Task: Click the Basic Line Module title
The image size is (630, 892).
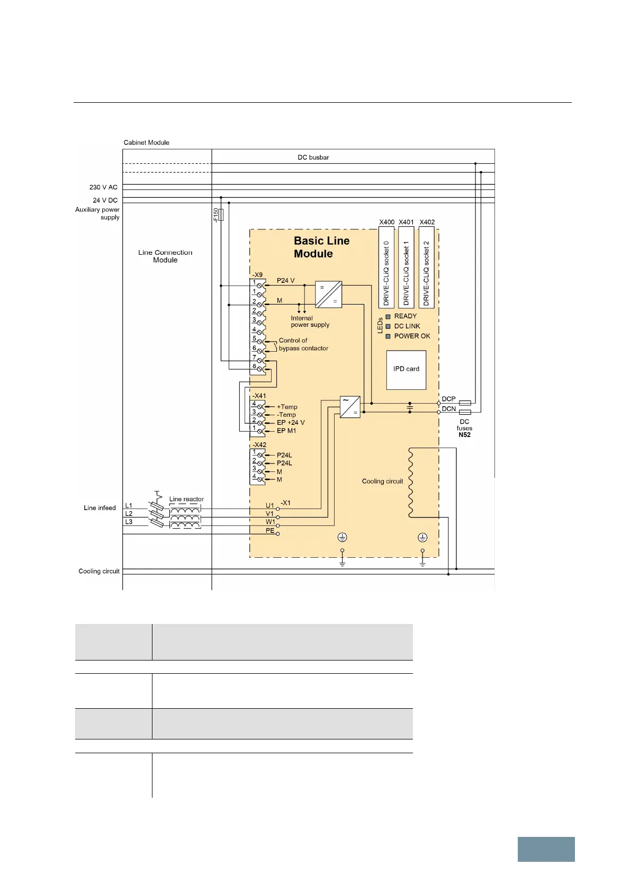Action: pyautogui.click(x=321, y=247)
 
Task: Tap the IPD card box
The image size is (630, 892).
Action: pyautogui.click(x=406, y=370)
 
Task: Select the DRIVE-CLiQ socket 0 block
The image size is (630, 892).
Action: pyautogui.click(x=386, y=267)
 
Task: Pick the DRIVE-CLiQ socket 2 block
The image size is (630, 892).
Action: pyautogui.click(x=427, y=267)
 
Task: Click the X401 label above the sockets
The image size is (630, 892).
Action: pyautogui.click(x=407, y=222)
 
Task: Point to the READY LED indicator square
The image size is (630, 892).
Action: pyautogui.click(x=388, y=317)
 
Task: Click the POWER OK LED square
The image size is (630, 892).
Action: pyautogui.click(x=388, y=336)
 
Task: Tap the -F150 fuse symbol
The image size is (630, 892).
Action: pyautogui.click(x=221, y=215)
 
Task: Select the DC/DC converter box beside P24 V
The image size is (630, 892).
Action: pyautogui.click(x=328, y=295)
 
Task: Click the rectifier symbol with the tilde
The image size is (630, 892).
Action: pyautogui.click(x=350, y=407)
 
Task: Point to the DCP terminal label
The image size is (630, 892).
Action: pyautogui.click(x=448, y=399)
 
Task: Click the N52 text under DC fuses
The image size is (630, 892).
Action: pyautogui.click(x=464, y=435)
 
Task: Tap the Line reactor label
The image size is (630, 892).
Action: pyautogui.click(x=186, y=499)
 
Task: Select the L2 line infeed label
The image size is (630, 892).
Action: pyautogui.click(x=129, y=514)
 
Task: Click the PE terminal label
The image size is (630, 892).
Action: pyautogui.click(x=270, y=530)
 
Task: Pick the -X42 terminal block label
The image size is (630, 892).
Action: pyautogui.click(x=259, y=445)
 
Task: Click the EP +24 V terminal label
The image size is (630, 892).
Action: pyautogui.click(x=291, y=423)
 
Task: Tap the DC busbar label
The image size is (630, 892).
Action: pyautogui.click(x=313, y=157)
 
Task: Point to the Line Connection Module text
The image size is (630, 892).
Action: pyautogui.click(x=165, y=256)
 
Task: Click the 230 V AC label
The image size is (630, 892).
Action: pyautogui.click(x=103, y=187)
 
